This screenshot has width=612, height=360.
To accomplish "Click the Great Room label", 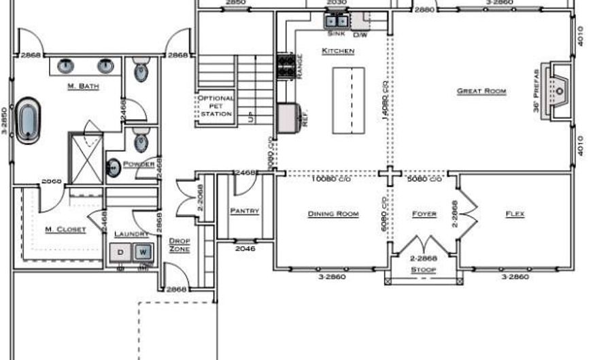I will [x=481, y=91].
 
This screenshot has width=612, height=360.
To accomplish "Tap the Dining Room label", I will [x=333, y=214].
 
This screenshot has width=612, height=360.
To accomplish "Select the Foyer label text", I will [x=424, y=214].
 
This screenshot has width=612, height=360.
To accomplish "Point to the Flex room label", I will [x=515, y=214].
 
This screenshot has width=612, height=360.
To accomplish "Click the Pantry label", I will [x=244, y=211].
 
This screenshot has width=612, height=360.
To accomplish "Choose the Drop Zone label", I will [x=180, y=246].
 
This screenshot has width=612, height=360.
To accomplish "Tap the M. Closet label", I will [x=65, y=229].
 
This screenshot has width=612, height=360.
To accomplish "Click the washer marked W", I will [x=143, y=252].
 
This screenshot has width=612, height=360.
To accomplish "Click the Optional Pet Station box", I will [x=216, y=106].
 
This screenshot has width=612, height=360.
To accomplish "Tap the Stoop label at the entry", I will [x=422, y=270].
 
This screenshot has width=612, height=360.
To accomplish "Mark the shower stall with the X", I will [x=86, y=158].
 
